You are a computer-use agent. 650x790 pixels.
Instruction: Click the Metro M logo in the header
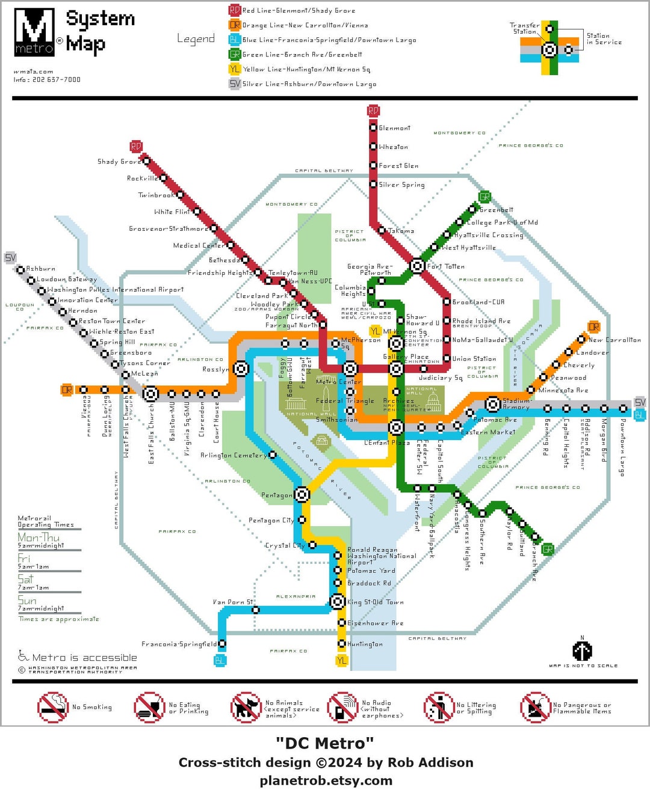pos(34,32)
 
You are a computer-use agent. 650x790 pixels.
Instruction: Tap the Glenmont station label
pos(394,128)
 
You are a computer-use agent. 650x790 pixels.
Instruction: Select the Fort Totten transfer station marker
pos(417,266)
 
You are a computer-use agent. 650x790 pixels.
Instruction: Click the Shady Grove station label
pos(119,161)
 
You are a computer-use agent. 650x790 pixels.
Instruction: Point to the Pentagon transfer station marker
pos(302,495)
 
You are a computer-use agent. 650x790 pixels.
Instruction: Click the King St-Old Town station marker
pos(338,601)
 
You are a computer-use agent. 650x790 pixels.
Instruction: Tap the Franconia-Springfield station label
pos(179,644)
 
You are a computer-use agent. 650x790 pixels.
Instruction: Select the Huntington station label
pos(365,644)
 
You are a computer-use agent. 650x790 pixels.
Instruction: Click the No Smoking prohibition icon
pos(53,707)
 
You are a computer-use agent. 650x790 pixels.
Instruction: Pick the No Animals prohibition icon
pos(246,707)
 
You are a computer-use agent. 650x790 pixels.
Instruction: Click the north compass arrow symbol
pos(582,651)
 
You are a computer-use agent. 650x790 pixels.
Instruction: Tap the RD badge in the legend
pos(234,10)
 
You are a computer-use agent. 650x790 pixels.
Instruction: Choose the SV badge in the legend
pos(234,84)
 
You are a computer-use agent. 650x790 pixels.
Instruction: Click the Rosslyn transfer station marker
pos(241,369)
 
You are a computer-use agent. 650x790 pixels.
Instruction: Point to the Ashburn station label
pos(41,269)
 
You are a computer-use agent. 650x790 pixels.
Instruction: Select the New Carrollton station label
pos(614,340)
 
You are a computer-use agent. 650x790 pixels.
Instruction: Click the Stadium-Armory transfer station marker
pos(493,403)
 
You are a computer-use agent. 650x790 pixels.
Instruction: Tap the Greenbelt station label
pos(497,210)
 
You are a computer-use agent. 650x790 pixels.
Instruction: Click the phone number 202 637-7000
pos(56,79)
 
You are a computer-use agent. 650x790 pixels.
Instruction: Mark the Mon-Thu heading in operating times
pos(39,537)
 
